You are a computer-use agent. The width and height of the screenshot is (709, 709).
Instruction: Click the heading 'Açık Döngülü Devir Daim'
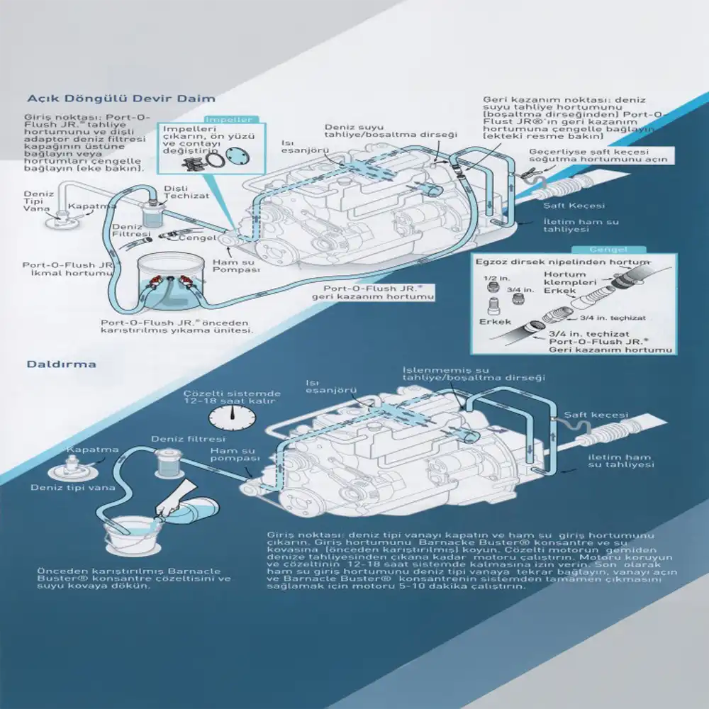(121, 99)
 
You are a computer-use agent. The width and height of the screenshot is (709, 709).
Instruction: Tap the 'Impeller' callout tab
(228, 120)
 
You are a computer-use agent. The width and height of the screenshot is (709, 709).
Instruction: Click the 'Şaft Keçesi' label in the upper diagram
(574, 206)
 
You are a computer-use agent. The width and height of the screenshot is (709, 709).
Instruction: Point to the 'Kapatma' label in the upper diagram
(93, 206)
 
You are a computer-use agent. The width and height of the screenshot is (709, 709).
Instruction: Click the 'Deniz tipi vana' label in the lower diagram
(62, 488)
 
